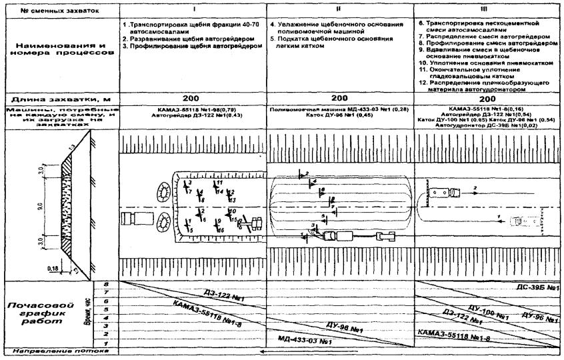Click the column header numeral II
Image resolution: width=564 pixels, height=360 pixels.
click(x=339, y=10)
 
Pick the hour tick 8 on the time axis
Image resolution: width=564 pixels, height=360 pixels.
click(x=108, y=285)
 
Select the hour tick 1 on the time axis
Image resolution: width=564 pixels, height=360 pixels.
click(x=108, y=342)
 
